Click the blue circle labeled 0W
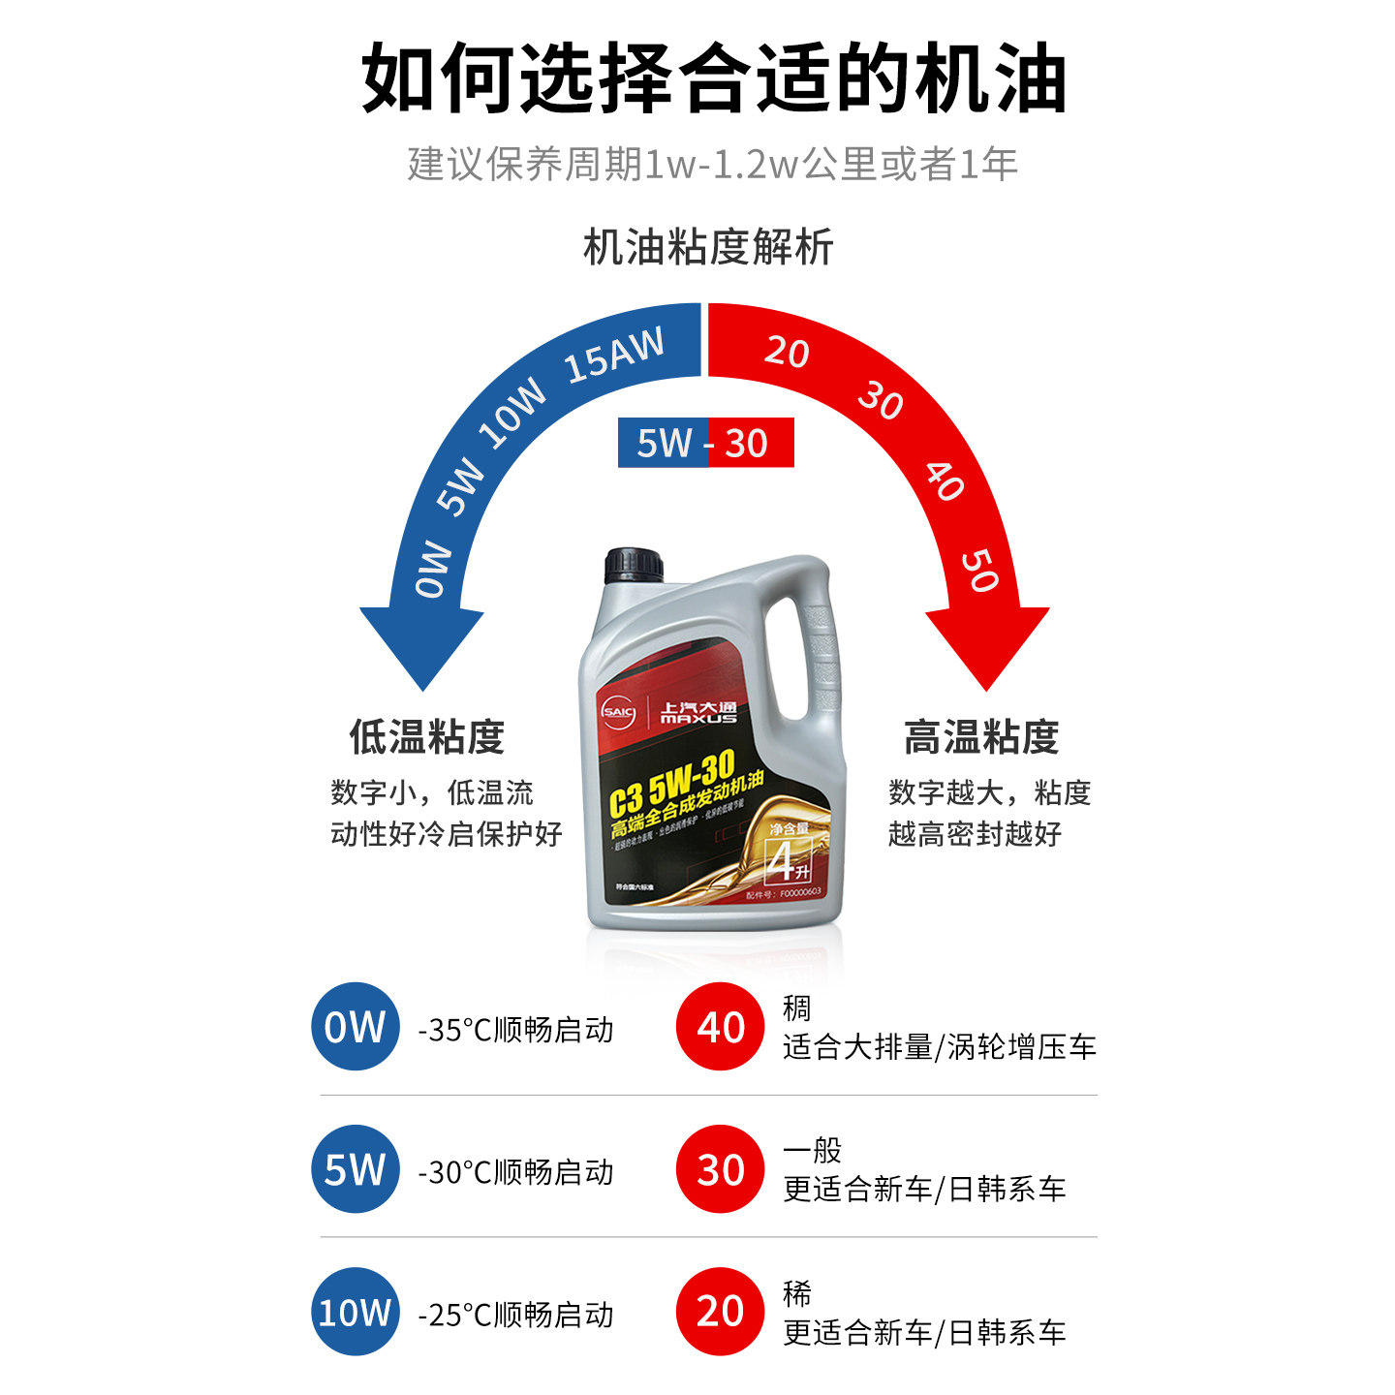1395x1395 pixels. point(355,1027)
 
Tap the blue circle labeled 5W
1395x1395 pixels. point(355,1169)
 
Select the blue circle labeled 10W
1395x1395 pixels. point(355,1312)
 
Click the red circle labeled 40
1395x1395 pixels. point(720,1027)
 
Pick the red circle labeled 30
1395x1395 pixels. point(720,1169)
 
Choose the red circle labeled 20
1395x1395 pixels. point(720,1312)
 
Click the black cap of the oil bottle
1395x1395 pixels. point(634,566)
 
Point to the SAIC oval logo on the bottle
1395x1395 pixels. point(617,713)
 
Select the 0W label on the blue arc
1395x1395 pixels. point(433,569)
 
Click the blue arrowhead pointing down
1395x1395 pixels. point(422,643)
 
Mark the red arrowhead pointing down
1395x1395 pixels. point(987,643)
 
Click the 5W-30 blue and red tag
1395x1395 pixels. point(705,443)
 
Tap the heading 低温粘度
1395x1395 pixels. point(427,737)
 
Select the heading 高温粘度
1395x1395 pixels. point(981,737)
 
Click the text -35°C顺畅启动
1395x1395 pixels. point(515,1030)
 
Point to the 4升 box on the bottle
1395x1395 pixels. point(787,860)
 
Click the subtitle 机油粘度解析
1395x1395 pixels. point(708,247)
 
